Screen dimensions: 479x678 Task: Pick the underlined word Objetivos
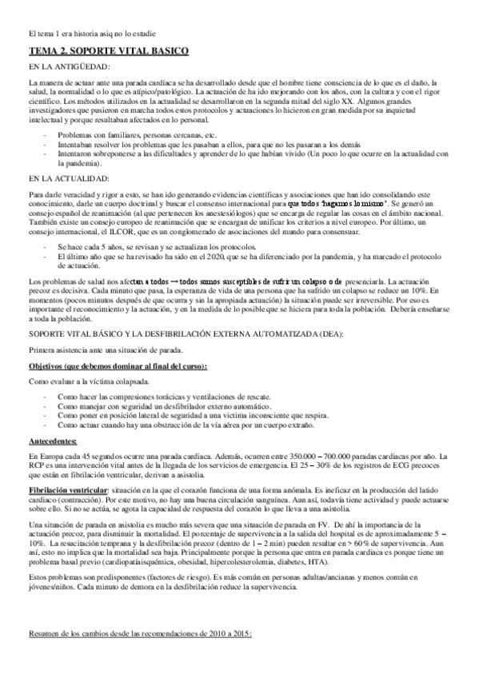50,366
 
